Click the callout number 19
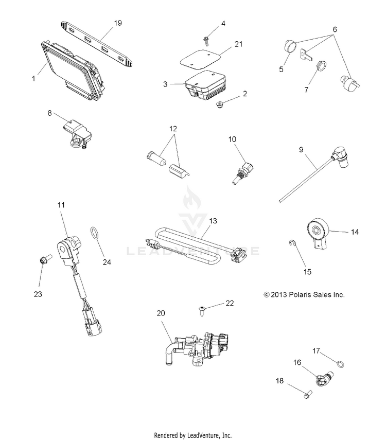118,23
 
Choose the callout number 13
213,221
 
